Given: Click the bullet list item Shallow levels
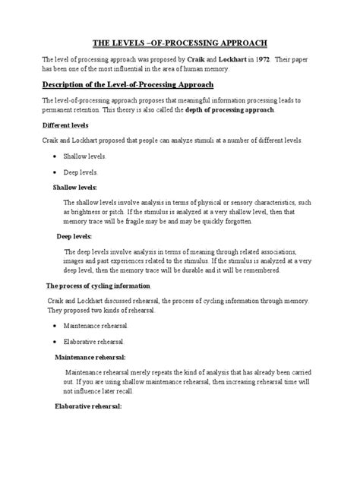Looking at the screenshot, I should pyautogui.click(x=85, y=156).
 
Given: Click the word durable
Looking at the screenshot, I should pyautogui.click(x=195, y=270).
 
